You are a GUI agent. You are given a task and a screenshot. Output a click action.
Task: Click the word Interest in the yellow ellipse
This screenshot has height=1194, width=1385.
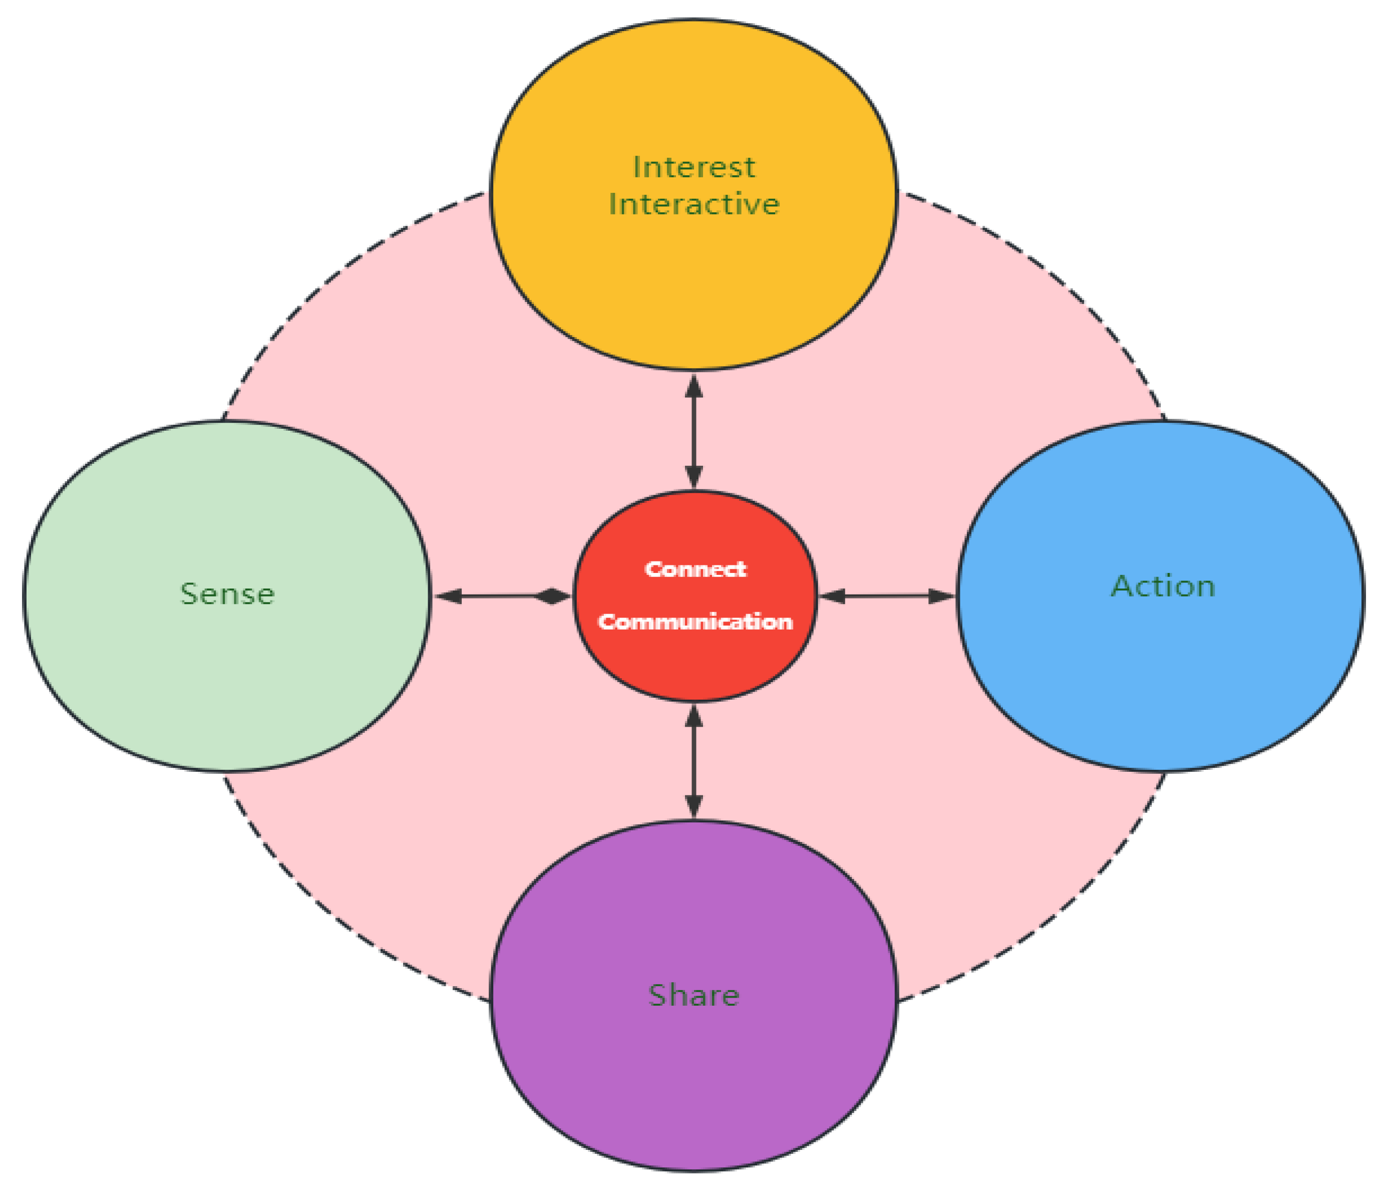694,167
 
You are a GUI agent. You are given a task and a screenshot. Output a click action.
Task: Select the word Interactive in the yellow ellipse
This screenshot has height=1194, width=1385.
694,204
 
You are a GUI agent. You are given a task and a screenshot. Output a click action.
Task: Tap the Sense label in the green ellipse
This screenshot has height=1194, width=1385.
227,593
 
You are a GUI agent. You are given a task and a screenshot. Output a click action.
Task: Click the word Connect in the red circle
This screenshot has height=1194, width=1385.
695,569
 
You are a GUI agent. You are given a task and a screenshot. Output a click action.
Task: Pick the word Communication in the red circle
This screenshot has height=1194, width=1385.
695,622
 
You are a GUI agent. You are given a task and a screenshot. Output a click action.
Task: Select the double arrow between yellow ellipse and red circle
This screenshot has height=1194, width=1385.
694,432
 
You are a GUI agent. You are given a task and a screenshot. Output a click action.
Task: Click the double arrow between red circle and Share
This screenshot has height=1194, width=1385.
694,762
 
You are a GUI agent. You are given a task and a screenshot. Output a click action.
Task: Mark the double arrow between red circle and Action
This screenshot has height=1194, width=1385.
887,595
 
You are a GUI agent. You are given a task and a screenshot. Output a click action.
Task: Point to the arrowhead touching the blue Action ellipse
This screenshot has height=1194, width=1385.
942,595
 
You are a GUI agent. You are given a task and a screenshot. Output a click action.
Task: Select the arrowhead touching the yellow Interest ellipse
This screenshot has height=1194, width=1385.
694,387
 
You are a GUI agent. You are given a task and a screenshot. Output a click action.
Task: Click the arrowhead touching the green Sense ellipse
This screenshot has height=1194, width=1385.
448,595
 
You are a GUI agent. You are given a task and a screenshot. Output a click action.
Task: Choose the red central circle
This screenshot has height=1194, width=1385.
695,662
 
